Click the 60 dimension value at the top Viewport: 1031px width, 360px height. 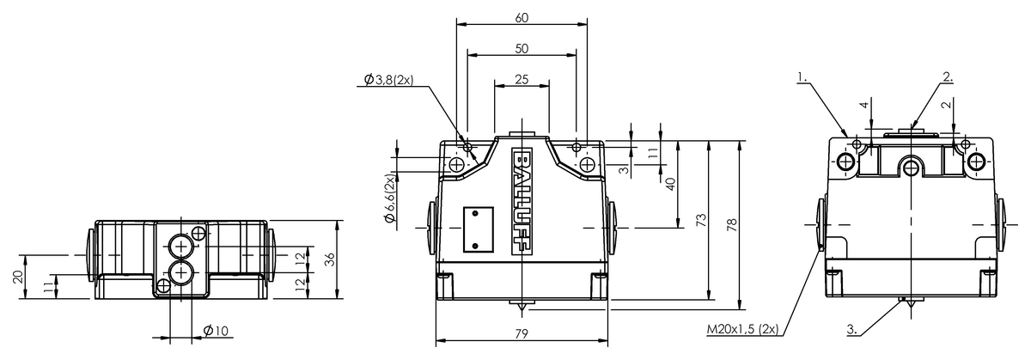click(x=522, y=18)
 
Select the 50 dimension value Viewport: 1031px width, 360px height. click(x=522, y=48)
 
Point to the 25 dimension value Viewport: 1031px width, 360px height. click(x=522, y=80)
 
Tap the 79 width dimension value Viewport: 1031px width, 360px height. click(x=522, y=333)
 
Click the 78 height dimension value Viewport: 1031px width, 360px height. click(x=731, y=224)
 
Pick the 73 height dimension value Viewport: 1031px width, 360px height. click(x=701, y=220)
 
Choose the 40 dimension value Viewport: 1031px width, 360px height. click(x=671, y=184)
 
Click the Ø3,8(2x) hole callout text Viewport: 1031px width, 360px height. click(x=389, y=80)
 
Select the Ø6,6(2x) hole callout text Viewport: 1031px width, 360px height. click(x=390, y=198)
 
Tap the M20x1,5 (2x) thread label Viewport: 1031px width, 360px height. click(x=742, y=329)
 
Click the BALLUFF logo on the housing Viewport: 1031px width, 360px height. click(x=522, y=201)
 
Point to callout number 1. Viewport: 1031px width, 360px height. click(x=802, y=76)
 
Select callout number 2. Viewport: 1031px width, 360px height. click(x=948, y=76)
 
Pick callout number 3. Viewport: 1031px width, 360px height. click(x=852, y=329)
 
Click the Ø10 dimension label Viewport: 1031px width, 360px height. click(x=216, y=331)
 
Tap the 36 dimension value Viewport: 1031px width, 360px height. click(x=330, y=259)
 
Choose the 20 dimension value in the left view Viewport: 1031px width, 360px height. click(x=18, y=277)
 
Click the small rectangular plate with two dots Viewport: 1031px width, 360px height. click(x=479, y=229)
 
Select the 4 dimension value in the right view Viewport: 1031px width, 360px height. click(x=865, y=105)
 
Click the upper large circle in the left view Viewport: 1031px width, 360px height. click(x=181, y=247)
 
